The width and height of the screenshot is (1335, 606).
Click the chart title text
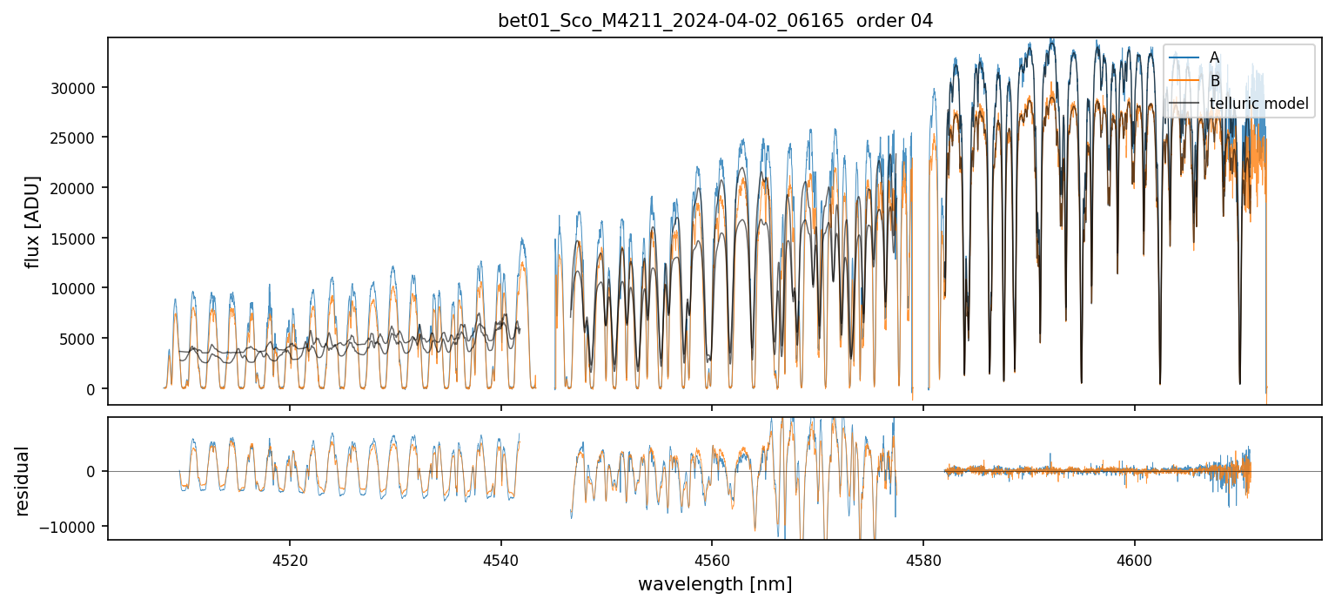point(714,21)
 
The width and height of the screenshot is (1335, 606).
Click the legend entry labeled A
point(1214,57)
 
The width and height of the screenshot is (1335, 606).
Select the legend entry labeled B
point(1214,81)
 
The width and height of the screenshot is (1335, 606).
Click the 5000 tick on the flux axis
point(84,339)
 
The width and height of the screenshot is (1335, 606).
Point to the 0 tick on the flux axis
point(96,388)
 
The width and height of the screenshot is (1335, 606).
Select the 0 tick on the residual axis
point(96,471)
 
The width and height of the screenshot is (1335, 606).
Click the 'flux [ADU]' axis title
point(33,221)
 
